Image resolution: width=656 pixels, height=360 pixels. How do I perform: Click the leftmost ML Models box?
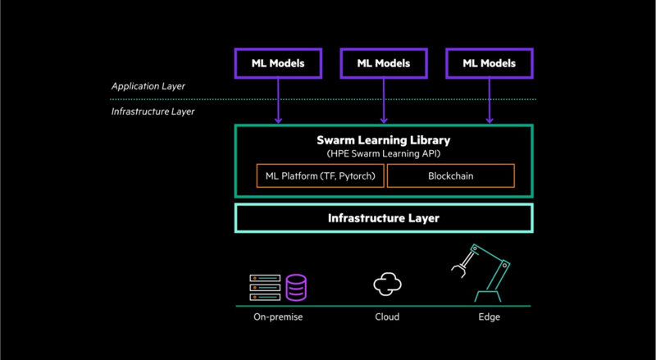[278, 63]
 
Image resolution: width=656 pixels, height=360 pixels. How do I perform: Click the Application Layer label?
[148, 85]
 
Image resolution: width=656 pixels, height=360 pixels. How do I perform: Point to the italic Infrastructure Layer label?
[153, 111]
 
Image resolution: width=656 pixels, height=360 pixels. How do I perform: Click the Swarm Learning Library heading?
[384, 139]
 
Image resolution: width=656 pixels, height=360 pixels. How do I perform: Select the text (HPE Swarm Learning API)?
[384, 154]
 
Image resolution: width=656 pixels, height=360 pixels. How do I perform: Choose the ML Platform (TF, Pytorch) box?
[320, 175]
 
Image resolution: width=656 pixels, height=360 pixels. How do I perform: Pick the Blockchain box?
[450, 175]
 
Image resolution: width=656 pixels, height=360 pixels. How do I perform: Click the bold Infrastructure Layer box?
[384, 218]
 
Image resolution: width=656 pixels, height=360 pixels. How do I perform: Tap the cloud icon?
[387, 285]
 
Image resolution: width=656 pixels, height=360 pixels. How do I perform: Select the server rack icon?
[265, 288]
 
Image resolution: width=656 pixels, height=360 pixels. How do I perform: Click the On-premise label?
[278, 317]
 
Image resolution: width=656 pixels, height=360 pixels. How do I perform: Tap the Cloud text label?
[387, 317]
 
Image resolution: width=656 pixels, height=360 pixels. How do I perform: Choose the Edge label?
[490, 317]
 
